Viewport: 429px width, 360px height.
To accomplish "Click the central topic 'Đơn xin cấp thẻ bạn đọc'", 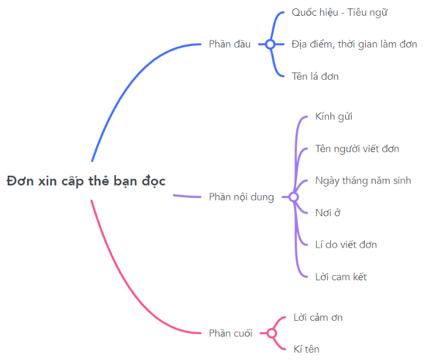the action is pyautogui.click(x=86, y=181).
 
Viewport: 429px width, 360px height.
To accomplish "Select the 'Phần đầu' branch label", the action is pyautogui.click(x=229, y=44).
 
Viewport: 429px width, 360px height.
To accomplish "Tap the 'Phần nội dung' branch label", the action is pyautogui.click(x=241, y=198).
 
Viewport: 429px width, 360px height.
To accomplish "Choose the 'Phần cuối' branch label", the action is pyautogui.click(x=230, y=333).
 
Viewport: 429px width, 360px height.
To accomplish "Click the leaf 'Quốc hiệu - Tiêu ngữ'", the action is pyautogui.click(x=340, y=13).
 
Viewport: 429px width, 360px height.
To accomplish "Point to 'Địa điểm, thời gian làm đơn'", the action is pyautogui.click(x=354, y=44).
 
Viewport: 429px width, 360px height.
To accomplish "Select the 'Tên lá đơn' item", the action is pyautogui.click(x=315, y=76).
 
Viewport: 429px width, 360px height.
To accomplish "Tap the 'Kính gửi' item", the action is pyautogui.click(x=334, y=117).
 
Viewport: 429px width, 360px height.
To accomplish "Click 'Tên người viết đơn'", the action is pyautogui.click(x=357, y=149).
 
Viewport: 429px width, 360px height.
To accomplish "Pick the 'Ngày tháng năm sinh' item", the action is pyautogui.click(x=363, y=181).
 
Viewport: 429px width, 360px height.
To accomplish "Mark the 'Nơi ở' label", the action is pyautogui.click(x=328, y=213).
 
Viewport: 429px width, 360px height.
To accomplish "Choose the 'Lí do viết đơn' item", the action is pyautogui.click(x=346, y=245).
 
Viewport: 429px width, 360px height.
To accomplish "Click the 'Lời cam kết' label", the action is pyautogui.click(x=341, y=277).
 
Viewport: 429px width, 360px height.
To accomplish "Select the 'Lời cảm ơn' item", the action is pyautogui.click(x=318, y=317).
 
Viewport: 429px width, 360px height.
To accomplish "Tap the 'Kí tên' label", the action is pyautogui.click(x=306, y=349).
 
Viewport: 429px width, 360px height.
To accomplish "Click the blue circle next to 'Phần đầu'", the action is pyautogui.click(x=270, y=44).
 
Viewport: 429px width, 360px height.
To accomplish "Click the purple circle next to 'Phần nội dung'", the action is pyautogui.click(x=294, y=197).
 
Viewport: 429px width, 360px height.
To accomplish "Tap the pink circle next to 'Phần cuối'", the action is pyautogui.click(x=272, y=333).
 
